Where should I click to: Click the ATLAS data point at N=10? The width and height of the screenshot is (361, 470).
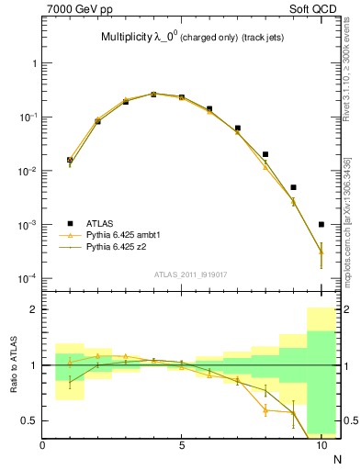click(x=321, y=224)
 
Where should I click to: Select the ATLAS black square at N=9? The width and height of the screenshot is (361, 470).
click(x=293, y=187)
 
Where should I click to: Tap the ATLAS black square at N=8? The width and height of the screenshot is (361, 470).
click(x=265, y=154)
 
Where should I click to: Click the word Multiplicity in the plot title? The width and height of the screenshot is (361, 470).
click(x=130, y=38)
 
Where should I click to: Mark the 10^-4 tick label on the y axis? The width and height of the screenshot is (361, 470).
click(x=27, y=278)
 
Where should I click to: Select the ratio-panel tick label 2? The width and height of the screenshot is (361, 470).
click(x=35, y=310)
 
